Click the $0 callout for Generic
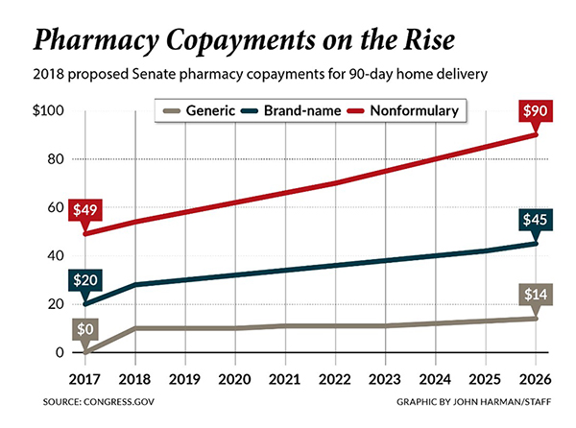[85, 329]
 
